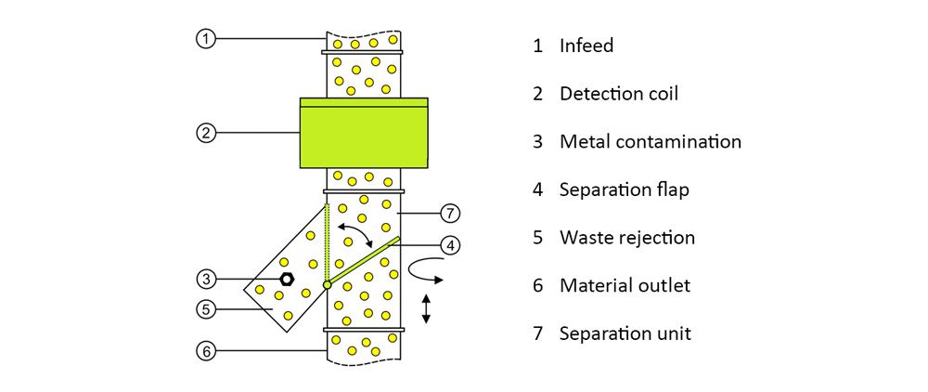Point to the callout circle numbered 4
click(449, 246)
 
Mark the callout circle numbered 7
click(449, 214)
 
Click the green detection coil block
click(364, 133)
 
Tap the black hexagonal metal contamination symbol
click(288, 278)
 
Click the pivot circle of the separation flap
click(327, 284)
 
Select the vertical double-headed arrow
click(426, 307)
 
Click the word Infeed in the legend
click(586, 46)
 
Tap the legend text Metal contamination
click(651, 142)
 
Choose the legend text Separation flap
click(624, 189)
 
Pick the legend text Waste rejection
click(626, 237)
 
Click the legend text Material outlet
click(625, 285)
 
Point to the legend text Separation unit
click(625, 333)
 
